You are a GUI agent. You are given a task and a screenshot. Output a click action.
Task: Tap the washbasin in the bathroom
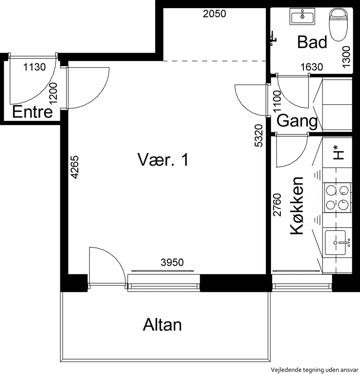point(302,16)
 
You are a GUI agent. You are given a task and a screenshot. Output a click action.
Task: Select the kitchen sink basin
point(335,242)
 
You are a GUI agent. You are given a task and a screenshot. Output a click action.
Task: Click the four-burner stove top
point(337,197)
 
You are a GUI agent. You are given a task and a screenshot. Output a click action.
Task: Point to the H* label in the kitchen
point(339,152)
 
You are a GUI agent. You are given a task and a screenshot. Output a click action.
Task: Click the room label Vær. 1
point(163,160)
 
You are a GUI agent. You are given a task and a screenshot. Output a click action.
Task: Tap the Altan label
point(162,325)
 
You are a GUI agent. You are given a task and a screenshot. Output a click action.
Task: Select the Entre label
point(32,112)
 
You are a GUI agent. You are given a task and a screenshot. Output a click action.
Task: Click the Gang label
point(297,121)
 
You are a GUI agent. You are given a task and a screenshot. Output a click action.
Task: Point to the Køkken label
point(297,205)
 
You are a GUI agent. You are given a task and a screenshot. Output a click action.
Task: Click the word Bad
point(312,42)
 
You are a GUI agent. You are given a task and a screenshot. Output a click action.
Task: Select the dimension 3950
point(172,262)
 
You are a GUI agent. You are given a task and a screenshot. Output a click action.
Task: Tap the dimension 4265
point(75,167)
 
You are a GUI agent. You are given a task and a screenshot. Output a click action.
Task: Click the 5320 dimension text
point(259,135)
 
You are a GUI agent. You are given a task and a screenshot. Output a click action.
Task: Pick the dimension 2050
point(215,14)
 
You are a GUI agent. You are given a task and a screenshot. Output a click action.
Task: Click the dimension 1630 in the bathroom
point(312,67)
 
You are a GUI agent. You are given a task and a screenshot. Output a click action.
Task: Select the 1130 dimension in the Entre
point(35,67)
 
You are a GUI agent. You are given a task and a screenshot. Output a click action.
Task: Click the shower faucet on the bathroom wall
point(273,38)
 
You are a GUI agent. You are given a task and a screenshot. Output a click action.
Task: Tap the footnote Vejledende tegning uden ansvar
point(315,370)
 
